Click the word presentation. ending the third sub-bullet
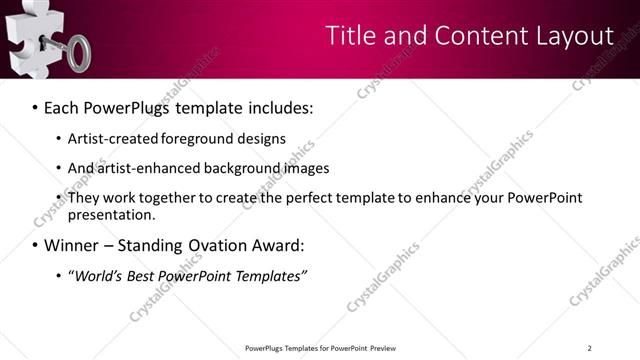coord(112,215)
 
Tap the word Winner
coord(73,246)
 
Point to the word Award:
coord(276,246)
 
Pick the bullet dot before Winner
coord(36,246)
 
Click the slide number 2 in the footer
coord(589,348)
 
